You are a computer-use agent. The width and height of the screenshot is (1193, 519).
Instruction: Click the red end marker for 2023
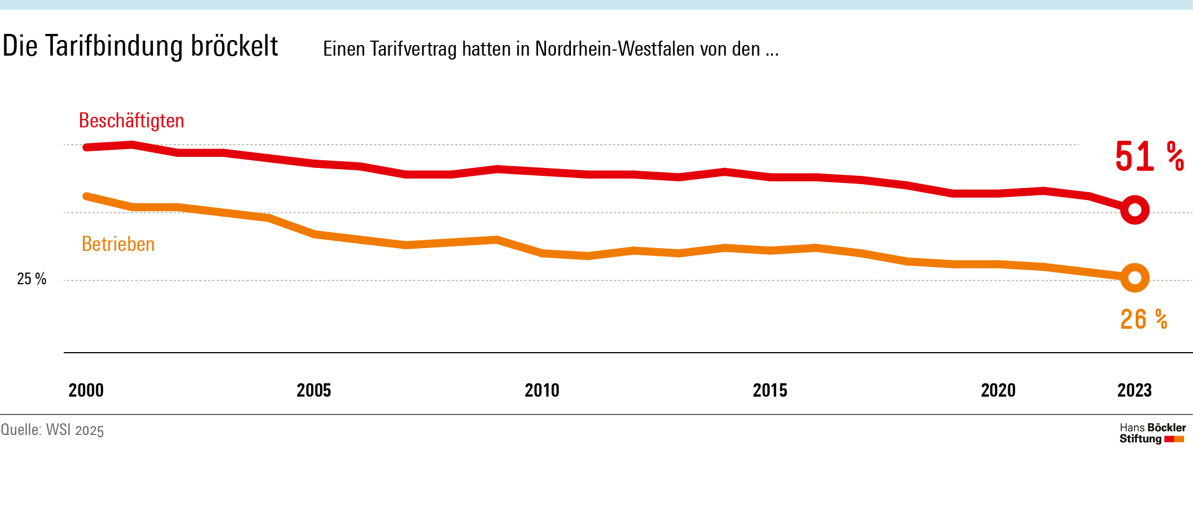tap(1135, 210)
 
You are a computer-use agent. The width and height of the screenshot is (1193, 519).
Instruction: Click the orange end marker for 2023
tap(1135, 278)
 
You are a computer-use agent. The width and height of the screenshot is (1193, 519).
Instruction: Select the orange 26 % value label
tap(1143, 319)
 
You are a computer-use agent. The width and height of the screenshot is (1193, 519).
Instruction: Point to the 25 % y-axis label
tap(32, 279)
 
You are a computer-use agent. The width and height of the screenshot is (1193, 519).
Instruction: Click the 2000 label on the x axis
tap(86, 391)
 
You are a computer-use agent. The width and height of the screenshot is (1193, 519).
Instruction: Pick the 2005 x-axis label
tap(314, 391)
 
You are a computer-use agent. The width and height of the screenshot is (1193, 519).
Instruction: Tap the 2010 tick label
tap(542, 391)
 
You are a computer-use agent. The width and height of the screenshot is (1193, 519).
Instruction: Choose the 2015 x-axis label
tap(770, 391)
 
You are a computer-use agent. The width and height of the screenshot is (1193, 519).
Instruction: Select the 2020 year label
tap(998, 391)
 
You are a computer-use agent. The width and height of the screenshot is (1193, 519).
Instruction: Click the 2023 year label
tap(1135, 391)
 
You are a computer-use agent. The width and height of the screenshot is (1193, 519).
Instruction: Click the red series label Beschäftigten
tap(131, 121)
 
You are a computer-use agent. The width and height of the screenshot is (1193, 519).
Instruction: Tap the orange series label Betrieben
tap(118, 244)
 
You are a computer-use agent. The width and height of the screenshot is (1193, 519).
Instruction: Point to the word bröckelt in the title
tap(234, 46)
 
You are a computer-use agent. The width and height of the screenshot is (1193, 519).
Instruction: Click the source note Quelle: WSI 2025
tap(52, 430)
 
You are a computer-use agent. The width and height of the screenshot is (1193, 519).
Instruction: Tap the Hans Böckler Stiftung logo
tap(1152, 433)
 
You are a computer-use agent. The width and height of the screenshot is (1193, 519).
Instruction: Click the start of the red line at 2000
tap(87, 147)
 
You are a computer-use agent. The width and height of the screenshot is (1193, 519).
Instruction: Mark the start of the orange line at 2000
tap(87, 196)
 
